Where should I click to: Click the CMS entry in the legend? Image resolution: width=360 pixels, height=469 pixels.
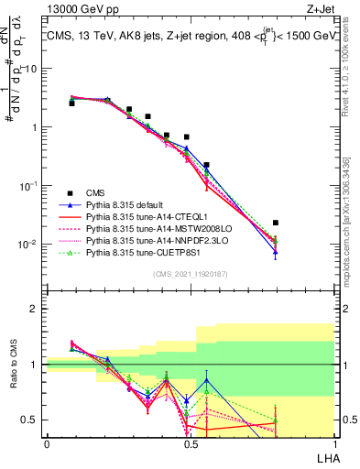pos(95,191)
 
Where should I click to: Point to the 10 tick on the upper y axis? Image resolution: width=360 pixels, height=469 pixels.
pos(32,69)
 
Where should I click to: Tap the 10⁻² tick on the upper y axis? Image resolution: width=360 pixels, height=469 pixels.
pos(30,244)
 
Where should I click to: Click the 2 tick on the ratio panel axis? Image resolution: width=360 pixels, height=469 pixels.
pos(35,309)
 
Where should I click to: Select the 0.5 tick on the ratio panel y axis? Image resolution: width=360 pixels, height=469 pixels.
pos(30,420)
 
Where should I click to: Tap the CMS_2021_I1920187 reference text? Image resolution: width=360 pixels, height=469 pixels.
pos(191,275)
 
